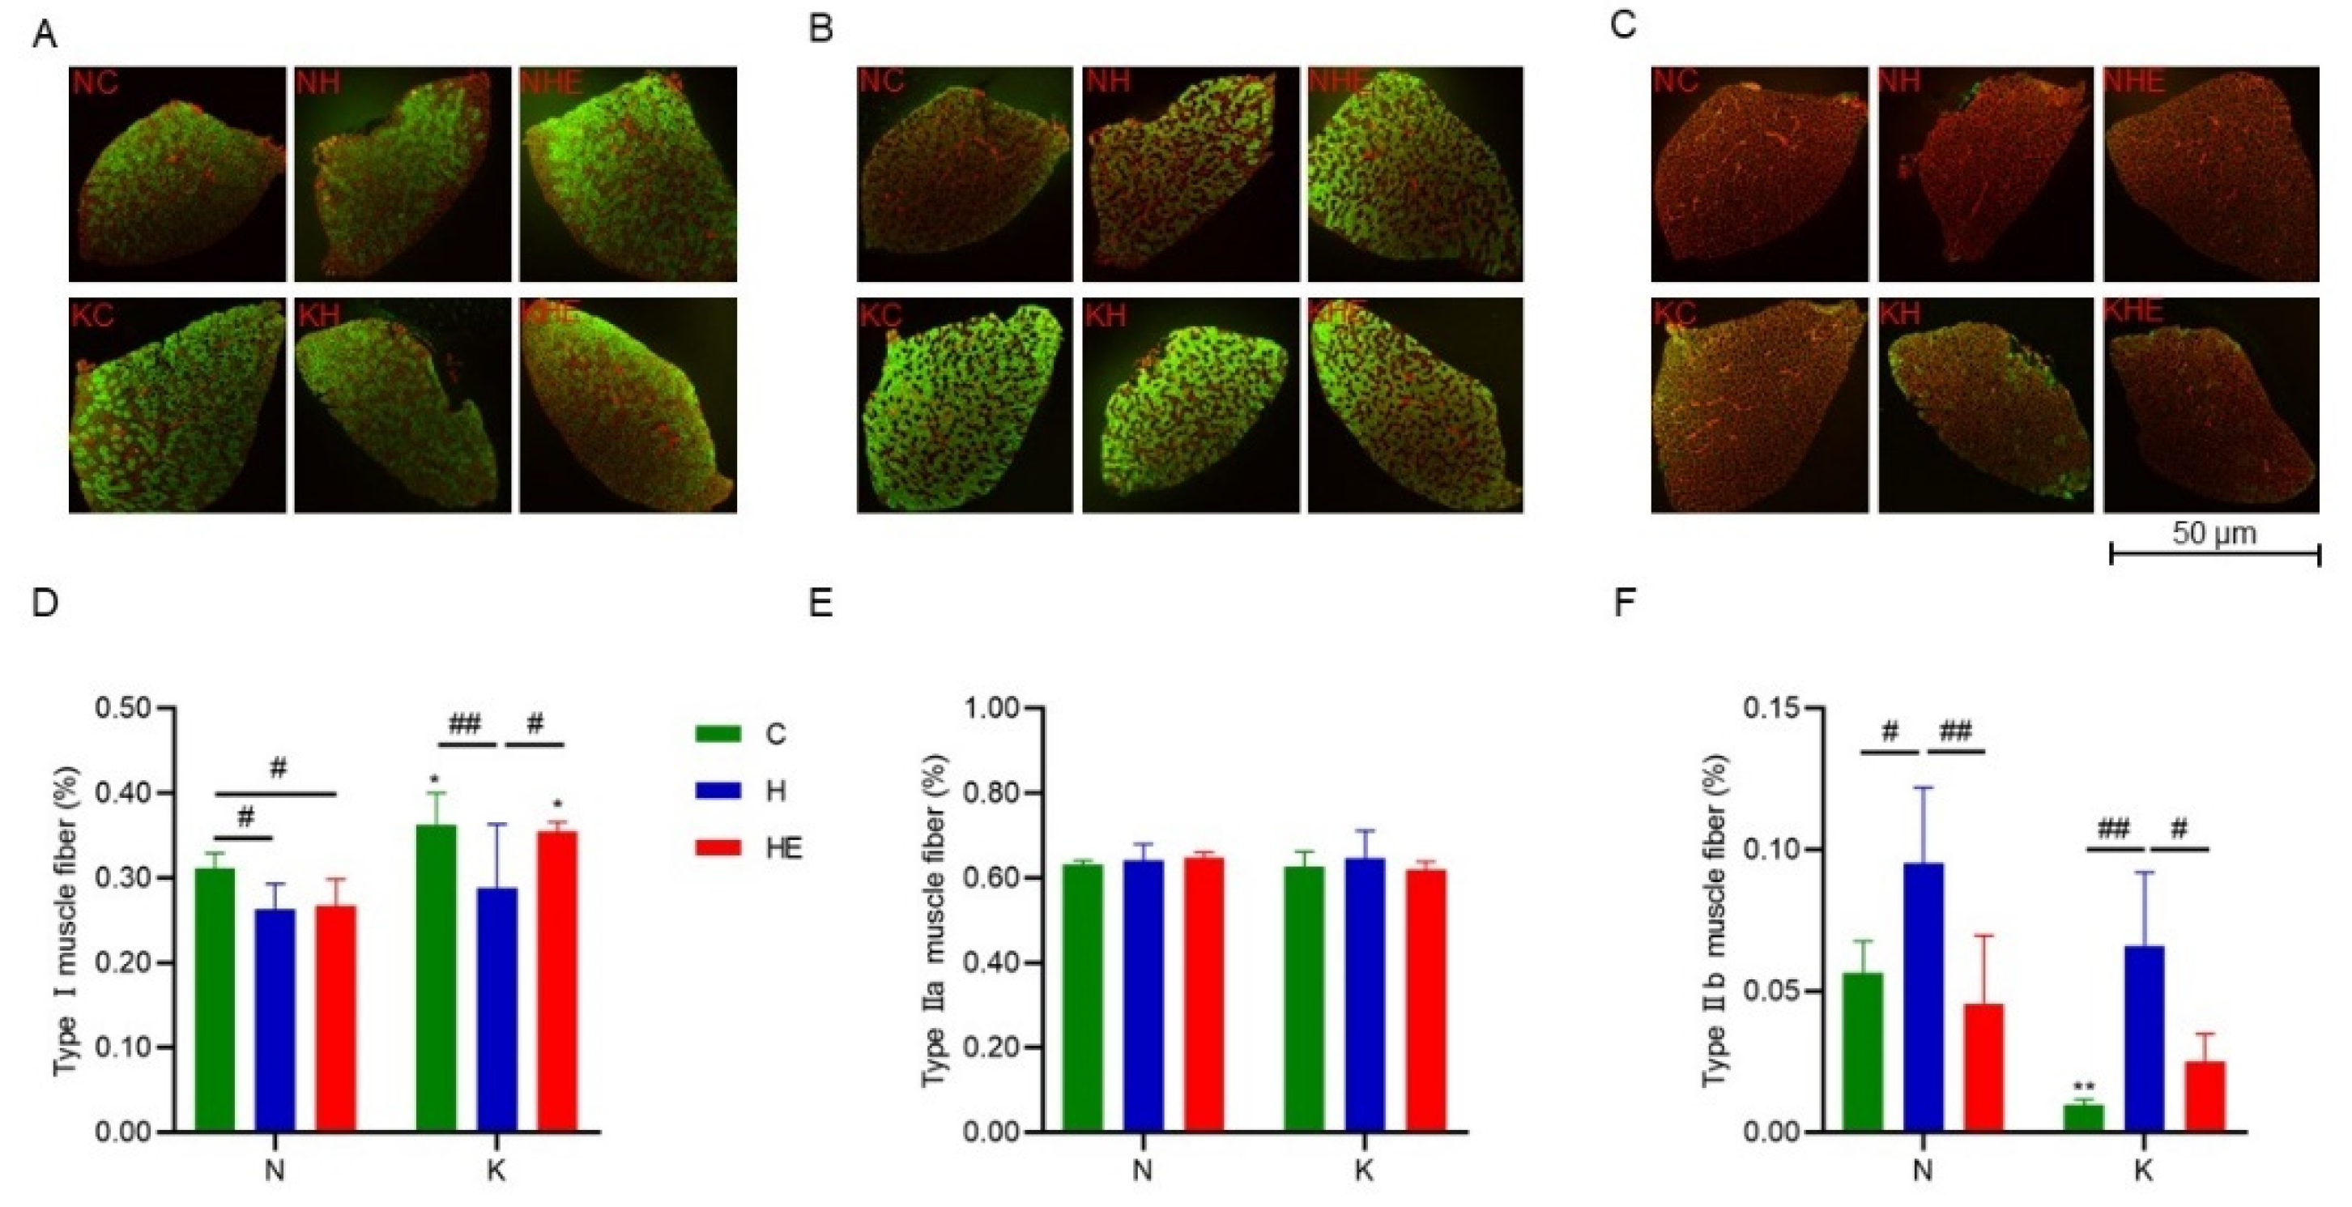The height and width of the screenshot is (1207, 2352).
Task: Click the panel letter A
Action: click(x=45, y=36)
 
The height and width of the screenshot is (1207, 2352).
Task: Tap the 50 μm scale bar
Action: click(x=2214, y=552)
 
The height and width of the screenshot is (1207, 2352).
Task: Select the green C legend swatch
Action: click(x=717, y=733)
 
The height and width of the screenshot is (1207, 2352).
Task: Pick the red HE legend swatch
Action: click(x=717, y=848)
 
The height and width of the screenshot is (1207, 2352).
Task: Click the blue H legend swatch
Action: click(x=717, y=791)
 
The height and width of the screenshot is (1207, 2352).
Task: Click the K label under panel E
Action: click(x=1363, y=1171)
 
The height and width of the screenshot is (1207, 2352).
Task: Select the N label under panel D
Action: click(x=275, y=1171)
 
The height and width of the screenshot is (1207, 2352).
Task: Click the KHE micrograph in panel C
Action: click(x=2210, y=405)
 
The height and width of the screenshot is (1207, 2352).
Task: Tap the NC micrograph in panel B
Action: click(x=964, y=173)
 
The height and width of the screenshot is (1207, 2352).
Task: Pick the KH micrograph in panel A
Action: click(x=402, y=405)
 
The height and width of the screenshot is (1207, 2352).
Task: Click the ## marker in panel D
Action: click(x=465, y=726)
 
